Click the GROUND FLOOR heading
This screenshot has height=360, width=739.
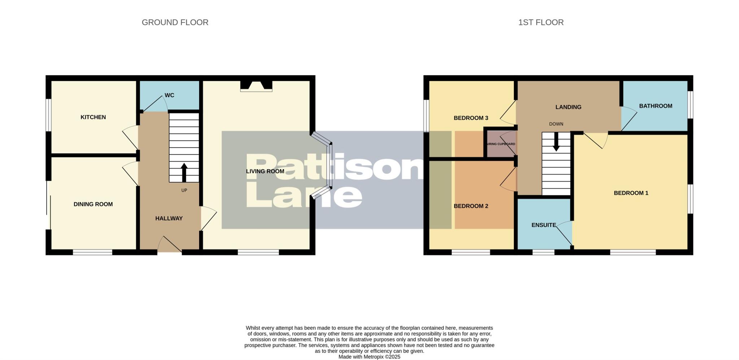(175, 22)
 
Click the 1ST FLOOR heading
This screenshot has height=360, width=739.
(541, 22)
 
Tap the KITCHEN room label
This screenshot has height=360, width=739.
(93, 117)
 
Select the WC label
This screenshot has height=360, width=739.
(169, 95)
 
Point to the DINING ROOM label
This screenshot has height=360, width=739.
(93, 204)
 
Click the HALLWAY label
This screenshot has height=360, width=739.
(169, 218)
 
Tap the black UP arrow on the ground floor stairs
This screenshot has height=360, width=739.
(184, 172)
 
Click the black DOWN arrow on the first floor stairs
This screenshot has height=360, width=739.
(556, 142)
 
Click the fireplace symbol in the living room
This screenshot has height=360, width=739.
(256, 86)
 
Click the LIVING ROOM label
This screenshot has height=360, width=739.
(265, 171)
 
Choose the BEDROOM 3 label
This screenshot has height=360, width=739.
(471, 118)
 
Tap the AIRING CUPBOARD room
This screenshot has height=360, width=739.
(501, 144)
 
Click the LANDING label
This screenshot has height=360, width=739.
(568, 107)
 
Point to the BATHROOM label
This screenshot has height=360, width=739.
(655, 106)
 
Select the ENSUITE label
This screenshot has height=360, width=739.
(543, 225)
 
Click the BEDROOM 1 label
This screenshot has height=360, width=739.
(631, 193)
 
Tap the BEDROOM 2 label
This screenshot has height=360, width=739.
(471, 206)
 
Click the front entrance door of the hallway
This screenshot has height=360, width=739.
(170, 245)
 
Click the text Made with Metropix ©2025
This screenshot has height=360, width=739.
(369, 357)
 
